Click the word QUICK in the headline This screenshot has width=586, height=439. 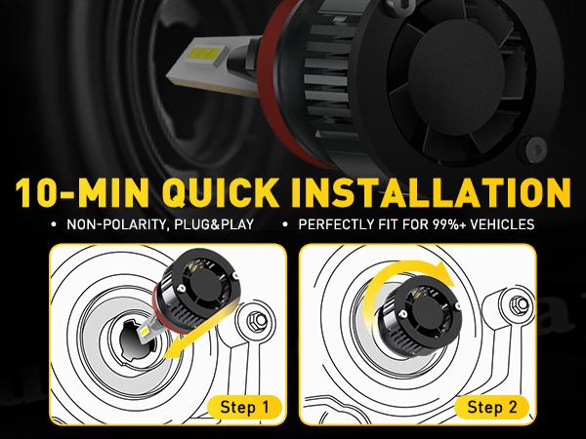pyautogui.click(x=221, y=192)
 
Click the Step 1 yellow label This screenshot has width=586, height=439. pyautogui.click(x=244, y=407)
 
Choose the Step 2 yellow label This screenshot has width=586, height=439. pyautogui.click(x=492, y=407)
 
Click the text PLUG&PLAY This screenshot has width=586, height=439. pyautogui.click(x=209, y=224)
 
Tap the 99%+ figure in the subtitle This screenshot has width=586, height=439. pyautogui.click(x=449, y=224)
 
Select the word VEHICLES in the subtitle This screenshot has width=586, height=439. pyautogui.click(x=502, y=224)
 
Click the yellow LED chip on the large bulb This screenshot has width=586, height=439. pyautogui.click(x=200, y=56)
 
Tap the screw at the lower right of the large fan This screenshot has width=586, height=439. pyautogui.click(x=536, y=149)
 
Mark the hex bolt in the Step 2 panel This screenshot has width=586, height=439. pyautogui.click(x=520, y=304)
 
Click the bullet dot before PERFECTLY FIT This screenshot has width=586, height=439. pyautogui.click(x=285, y=225)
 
